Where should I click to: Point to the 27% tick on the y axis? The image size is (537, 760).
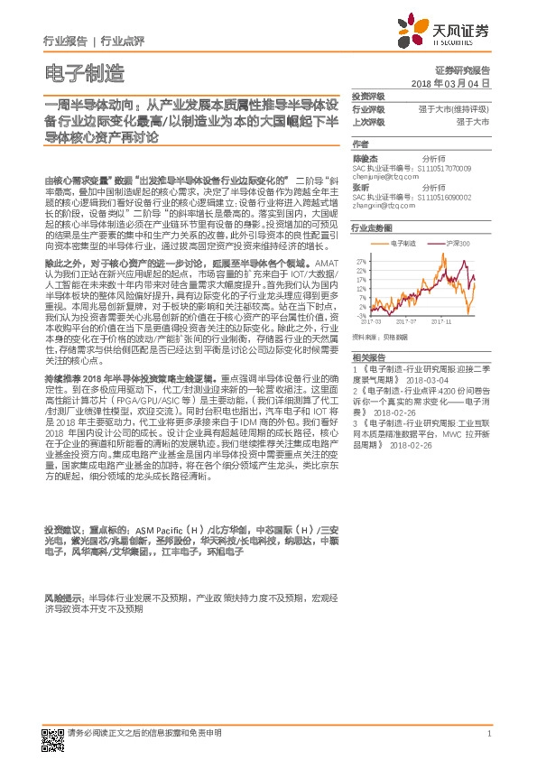pos(360,260)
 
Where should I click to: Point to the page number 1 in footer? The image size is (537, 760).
pos(488,734)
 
